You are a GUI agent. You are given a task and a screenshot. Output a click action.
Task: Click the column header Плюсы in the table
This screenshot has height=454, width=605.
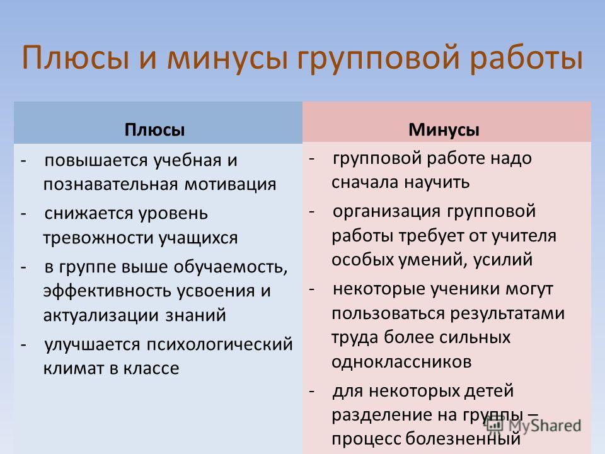(154, 130)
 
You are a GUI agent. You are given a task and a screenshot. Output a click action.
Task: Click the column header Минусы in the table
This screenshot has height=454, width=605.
(444, 130)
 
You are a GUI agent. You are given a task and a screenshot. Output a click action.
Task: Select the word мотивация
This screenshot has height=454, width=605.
(231, 184)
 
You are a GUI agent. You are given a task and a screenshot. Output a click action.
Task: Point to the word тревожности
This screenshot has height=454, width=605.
(98, 238)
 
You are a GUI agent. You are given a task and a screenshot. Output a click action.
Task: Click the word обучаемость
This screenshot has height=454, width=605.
(231, 267)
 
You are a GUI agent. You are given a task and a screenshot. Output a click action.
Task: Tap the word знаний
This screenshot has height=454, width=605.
(195, 315)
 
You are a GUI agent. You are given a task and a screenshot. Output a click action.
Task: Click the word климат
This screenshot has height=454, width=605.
(74, 368)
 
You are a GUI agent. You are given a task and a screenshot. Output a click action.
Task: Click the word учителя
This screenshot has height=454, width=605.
(523, 236)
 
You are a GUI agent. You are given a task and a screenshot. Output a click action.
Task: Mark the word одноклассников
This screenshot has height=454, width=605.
(401, 362)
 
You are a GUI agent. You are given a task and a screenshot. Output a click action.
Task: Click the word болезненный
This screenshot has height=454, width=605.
(463, 439)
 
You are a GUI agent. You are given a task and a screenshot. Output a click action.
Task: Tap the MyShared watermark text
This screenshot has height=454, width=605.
(544, 426)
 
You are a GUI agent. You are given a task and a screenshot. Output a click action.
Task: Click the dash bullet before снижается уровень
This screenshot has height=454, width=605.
(23, 214)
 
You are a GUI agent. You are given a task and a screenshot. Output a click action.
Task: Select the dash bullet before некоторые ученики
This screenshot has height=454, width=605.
(312, 289)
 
